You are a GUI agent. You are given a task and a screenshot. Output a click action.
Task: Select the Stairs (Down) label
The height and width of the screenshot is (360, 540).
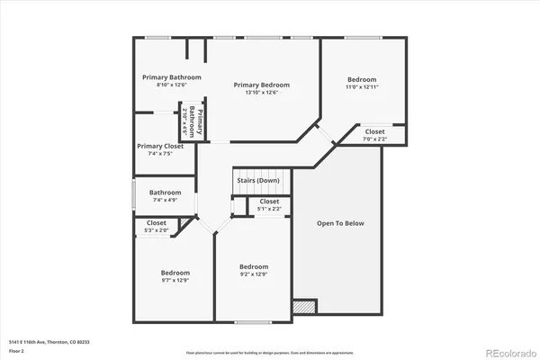[257, 180]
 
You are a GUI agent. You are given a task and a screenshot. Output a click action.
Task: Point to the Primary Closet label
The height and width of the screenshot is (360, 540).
[160, 146]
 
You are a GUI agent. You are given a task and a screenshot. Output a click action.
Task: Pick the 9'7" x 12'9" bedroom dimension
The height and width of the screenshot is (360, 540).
[175, 280]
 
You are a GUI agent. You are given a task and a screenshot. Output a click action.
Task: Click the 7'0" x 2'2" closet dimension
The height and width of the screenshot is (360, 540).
[374, 139]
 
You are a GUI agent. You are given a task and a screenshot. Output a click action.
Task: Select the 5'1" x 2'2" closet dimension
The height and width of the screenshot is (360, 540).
[269, 209]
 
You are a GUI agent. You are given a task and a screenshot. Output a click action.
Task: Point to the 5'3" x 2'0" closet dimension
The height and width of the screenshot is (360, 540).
[157, 230]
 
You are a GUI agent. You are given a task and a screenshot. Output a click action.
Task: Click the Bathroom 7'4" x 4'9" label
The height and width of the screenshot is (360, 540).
[166, 192]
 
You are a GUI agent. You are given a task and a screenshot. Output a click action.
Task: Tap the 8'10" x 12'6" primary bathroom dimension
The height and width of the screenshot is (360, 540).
[171, 85]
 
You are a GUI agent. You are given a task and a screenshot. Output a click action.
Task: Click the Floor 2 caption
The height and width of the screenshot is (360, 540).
[17, 350]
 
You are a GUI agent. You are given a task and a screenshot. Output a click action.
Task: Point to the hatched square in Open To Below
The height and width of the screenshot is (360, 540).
[306, 307]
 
